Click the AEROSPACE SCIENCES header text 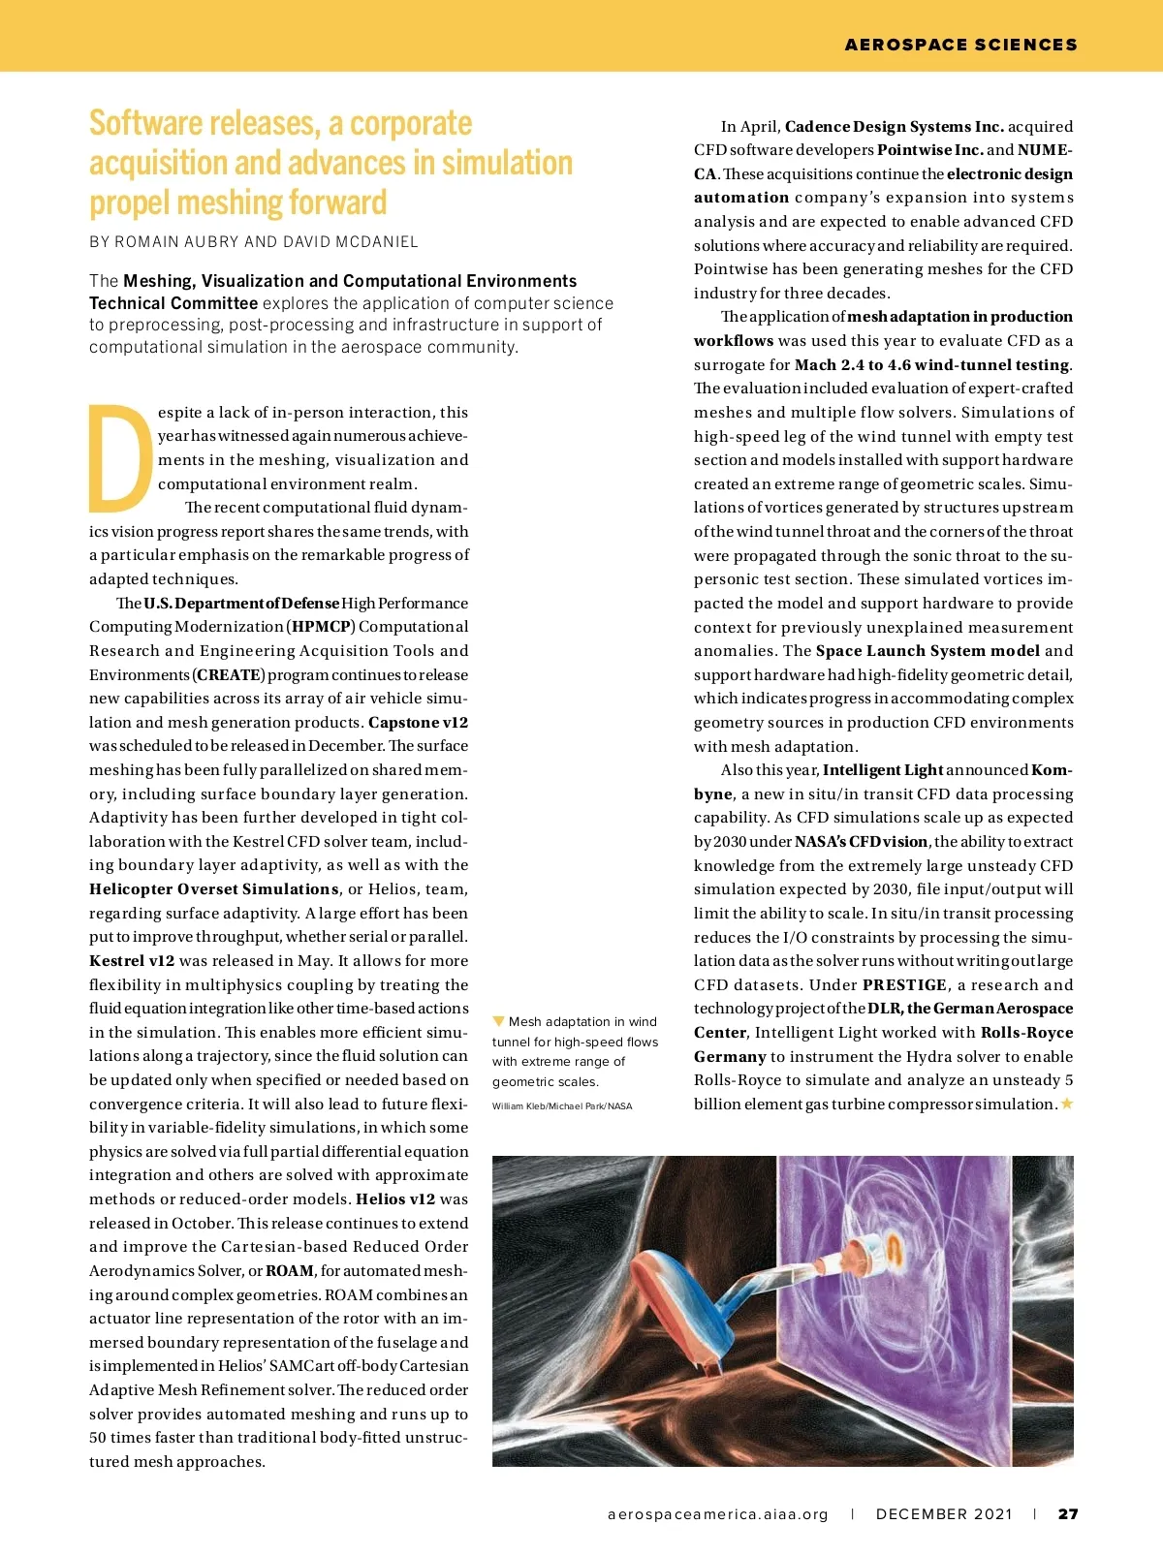pos(960,45)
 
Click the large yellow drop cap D pos(121,458)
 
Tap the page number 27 pos(1068,1514)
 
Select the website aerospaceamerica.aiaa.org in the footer pos(718,1514)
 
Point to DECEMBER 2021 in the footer pos(944,1514)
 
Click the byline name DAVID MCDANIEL pos(351,242)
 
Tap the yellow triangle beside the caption pos(498,1021)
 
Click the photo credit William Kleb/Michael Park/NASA pos(561,1105)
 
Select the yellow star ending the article pos(1067,1104)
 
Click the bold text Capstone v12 pos(418,723)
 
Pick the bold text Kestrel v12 pos(132,961)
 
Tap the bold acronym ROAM pos(290,1271)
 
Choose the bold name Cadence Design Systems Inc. pos(894,127)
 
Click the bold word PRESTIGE pos(904,985)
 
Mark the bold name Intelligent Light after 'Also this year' pos(883,770)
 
